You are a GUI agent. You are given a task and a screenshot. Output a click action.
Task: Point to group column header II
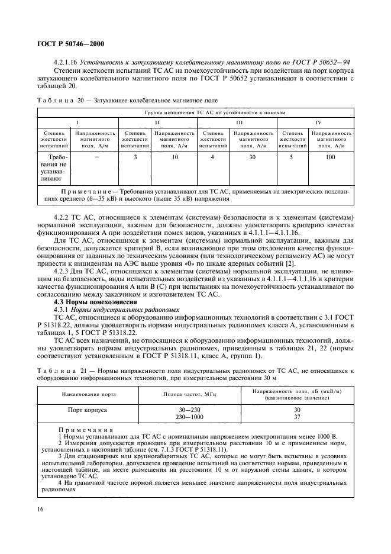click(157, 121)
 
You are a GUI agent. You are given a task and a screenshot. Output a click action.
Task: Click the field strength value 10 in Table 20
click(175, 157)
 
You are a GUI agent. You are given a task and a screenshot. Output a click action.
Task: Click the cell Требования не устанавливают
click(54, 168)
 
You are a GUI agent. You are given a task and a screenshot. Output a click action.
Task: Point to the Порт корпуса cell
click(88, 408)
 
